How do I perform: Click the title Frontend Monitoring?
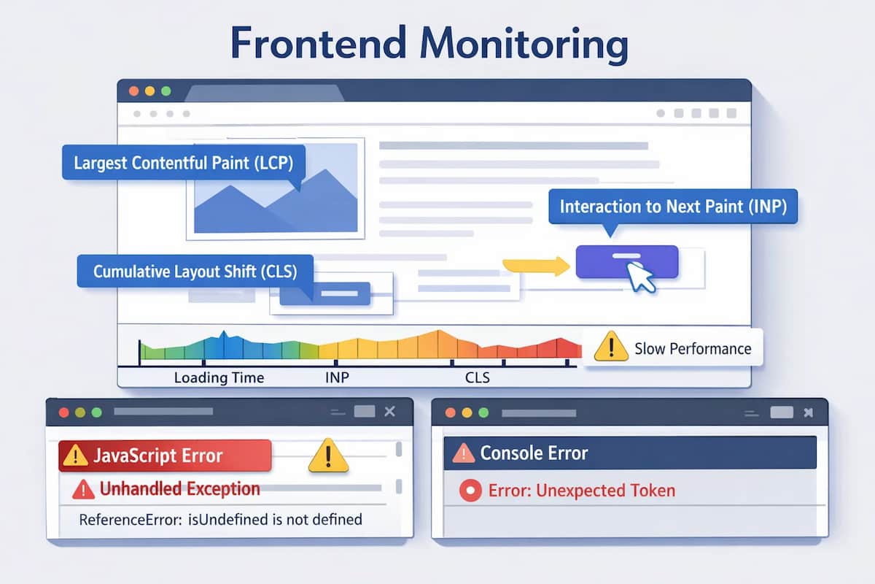pyautogui.click(x=429, y=45)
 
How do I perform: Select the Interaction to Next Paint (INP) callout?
pyautogui.click(x=673, y=207)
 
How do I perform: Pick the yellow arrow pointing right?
pyautogui.click(x=537, y=266)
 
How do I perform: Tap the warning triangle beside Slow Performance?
pyautogui.click(x=610, y=347)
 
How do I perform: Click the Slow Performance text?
pyautogui.click(x=692, y=348)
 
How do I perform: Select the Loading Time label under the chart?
pyautogui.click(x=219, y=378)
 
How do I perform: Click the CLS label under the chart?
pyautogui.click(x=477, y=378)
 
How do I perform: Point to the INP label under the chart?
pyautogui.click(x=337, y=378)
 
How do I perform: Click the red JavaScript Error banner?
pyautogui.click(x=165, y=456)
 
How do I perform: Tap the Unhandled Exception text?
pyautogui.click(x=179, y=489)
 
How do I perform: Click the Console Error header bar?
pyautogui.click(x=630, y=453)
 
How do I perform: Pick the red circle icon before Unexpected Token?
pyautogui.click(x=470, y=491)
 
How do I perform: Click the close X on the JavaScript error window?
pyautogui.click(x=389, y=412)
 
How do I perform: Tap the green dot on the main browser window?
pyautogui.click(x=166, y=91)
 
